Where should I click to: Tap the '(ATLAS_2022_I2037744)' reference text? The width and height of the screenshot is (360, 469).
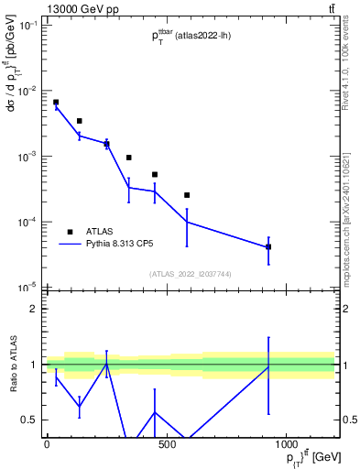(190, 274)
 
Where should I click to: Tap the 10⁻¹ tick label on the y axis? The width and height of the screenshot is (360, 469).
(27, 26)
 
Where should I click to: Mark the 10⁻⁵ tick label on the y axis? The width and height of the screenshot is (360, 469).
(27, 288)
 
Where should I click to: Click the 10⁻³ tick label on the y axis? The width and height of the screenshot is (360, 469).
(27, 157)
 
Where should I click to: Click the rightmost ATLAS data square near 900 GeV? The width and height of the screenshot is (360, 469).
(268, 247)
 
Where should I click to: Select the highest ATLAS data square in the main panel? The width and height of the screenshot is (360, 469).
(56, 103)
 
